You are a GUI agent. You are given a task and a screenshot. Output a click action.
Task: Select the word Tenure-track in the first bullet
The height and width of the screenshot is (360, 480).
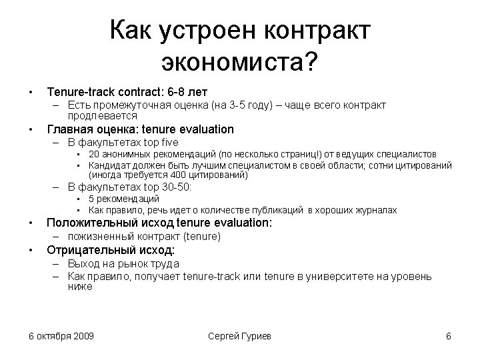point(79,90)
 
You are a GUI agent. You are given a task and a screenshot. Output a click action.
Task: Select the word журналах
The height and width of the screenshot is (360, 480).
point(376,210)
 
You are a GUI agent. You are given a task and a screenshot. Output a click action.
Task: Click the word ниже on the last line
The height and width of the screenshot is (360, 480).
point(79,287)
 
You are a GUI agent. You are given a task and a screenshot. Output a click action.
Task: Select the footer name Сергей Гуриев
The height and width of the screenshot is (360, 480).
point(239,335)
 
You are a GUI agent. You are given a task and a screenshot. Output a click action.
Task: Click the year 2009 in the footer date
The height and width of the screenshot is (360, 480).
point(83,335)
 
